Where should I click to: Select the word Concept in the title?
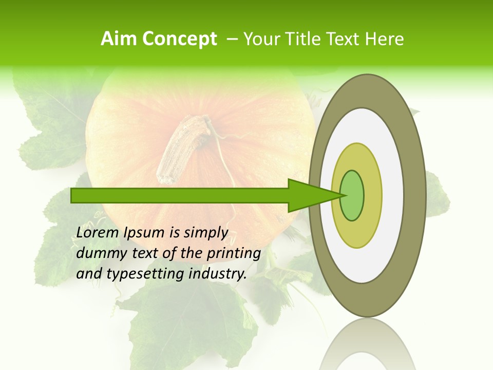179,39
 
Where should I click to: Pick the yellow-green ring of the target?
372,195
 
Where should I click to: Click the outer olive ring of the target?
416,195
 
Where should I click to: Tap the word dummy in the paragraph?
98,253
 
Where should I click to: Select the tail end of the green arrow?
77,195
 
